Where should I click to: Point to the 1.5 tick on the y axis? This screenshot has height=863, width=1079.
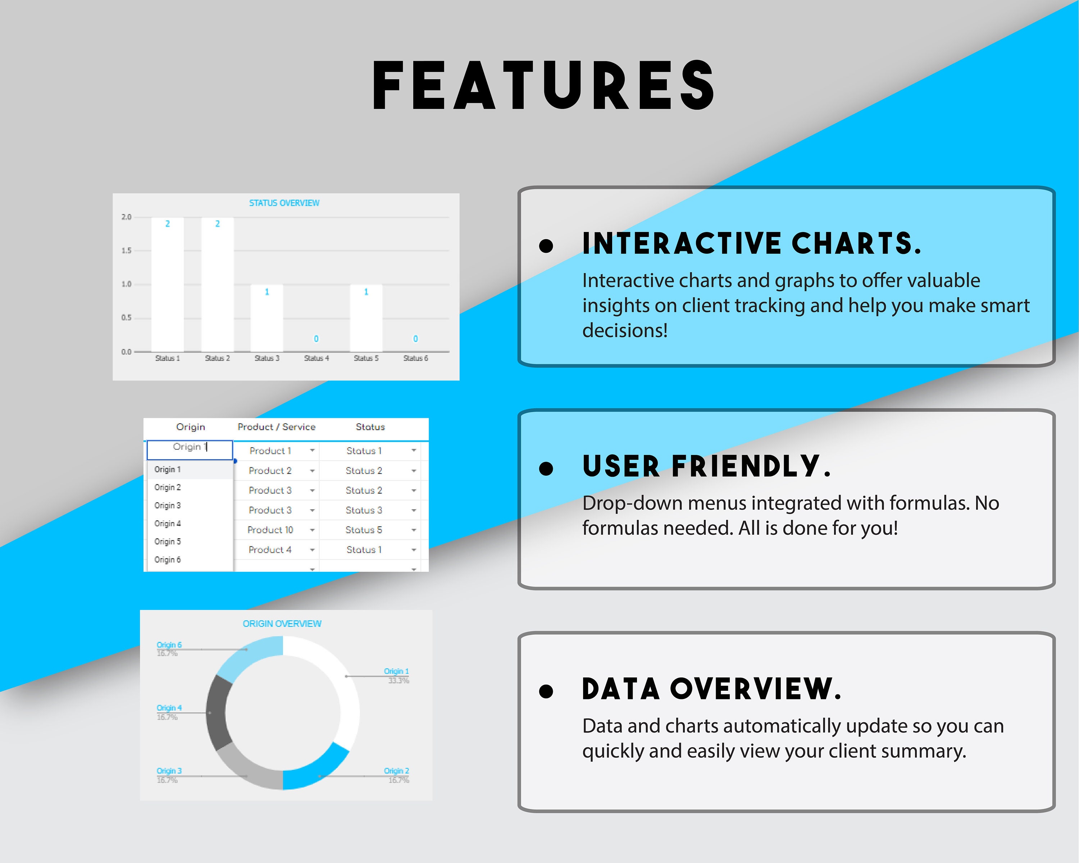tap(126, 251)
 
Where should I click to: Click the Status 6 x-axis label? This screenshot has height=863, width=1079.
tap(415, 358)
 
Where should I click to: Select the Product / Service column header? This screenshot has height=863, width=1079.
tap(276, 427)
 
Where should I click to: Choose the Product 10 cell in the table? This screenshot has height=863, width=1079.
tap(270, 530)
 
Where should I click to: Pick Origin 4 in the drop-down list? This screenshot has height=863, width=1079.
tap(168, 523)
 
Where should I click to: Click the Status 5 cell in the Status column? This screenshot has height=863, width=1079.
tap(364, 530)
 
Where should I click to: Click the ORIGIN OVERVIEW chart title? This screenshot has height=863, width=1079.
tap(282, 624)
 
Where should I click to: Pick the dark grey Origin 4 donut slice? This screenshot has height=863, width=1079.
tap(219, 713)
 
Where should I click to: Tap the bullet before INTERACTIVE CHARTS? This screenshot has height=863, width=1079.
tap(546, 246)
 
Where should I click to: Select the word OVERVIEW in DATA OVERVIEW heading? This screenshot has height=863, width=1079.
tap(755, 689)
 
